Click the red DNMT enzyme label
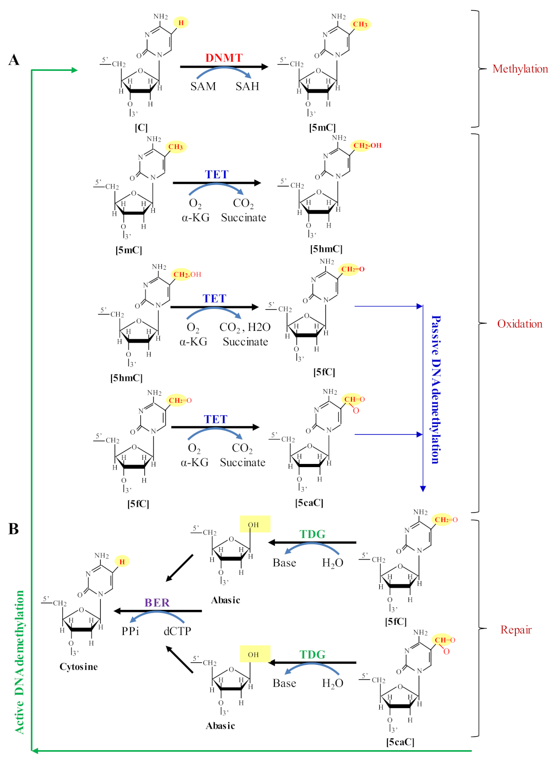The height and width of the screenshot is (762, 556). point(224,58)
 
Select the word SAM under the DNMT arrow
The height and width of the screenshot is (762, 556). point(203,86)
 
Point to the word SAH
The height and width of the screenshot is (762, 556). point(247,86)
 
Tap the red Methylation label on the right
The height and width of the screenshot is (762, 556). point(520,69)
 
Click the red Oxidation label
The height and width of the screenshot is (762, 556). point(520,324)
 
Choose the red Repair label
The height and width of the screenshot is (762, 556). point(516,630)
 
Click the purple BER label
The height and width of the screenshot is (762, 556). point(157,602)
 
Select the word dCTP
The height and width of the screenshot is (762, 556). point(177,631)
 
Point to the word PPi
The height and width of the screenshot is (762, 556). point(130,631)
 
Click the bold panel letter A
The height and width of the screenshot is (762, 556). point(14,60)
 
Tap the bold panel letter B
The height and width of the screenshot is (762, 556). point(13,529)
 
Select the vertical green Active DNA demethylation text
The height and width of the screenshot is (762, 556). point(19,662)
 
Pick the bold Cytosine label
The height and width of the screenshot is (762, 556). point(79,666)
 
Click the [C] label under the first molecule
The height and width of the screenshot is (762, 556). point(141,127)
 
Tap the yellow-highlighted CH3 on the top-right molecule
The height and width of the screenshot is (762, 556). point(360,24)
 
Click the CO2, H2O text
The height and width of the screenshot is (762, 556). point(245,327)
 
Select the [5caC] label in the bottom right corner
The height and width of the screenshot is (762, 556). point(400,741)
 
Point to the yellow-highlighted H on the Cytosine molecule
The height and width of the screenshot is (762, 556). point(122,562)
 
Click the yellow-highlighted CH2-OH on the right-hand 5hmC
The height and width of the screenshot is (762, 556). point(367,145)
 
